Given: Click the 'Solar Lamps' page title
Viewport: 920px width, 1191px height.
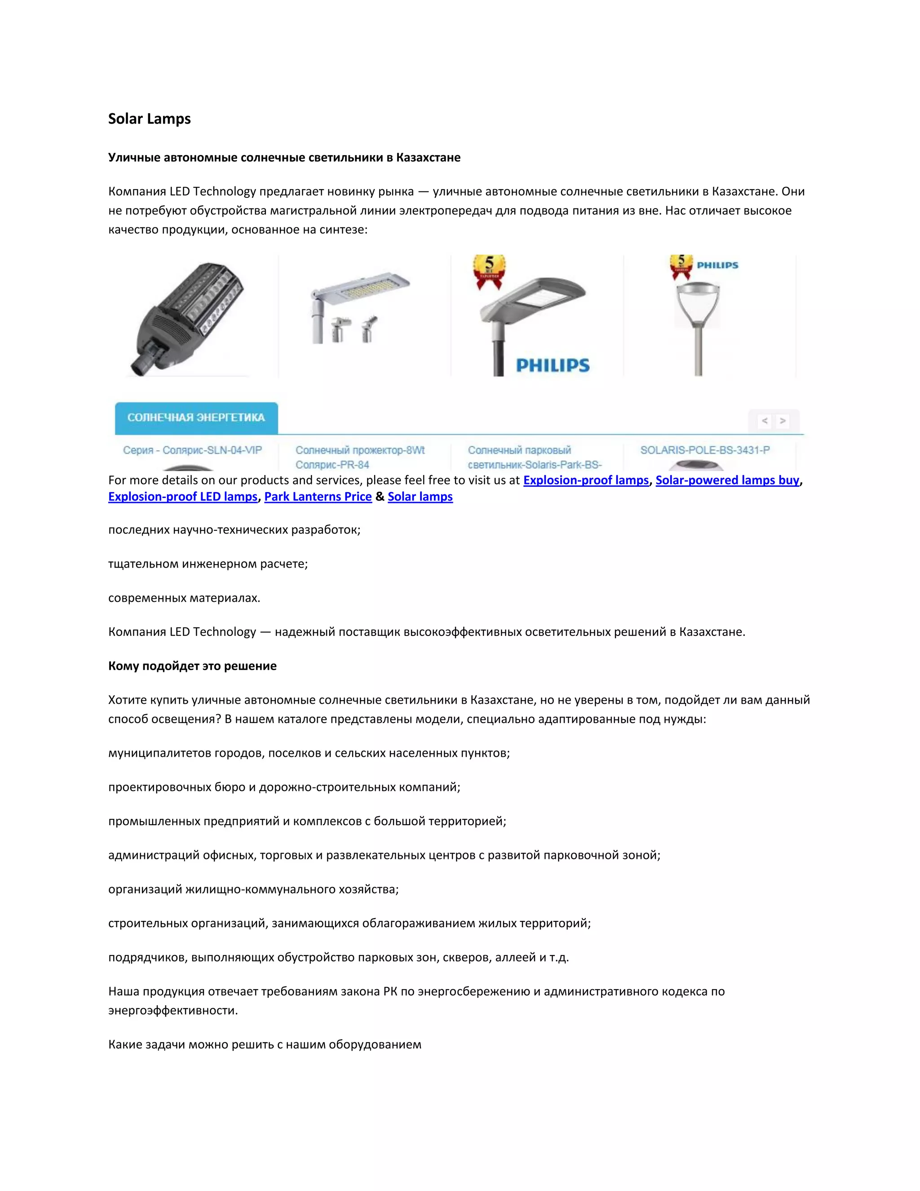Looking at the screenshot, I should pyautogui.click(x=149, y=119).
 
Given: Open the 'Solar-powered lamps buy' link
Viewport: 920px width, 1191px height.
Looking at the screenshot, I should pyautogui.click(x=727, y=480).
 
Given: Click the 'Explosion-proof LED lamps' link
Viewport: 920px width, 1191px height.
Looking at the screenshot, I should pyautogui.click(x=182, y=497).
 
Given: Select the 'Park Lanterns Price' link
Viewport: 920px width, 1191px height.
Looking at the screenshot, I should pyautogui.click(x=318, y=497).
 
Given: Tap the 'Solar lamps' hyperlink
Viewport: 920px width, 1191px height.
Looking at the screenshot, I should pyautogui.click(x=420, y=497).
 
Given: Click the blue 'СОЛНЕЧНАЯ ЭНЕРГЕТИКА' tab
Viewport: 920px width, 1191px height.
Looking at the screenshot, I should pyautogui.click(x=196, y=418).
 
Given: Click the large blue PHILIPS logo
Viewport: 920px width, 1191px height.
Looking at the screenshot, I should pyautogui.click(x=553, y=365).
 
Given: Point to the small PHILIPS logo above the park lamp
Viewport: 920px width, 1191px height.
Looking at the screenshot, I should pyautogui.click(x=717, y=266).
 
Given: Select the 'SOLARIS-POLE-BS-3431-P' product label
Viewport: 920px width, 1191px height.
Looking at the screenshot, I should pyautogui.click(x=705, y=450).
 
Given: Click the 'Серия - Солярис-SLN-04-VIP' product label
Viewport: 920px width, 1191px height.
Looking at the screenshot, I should pyautogui.click(x=192, y=450).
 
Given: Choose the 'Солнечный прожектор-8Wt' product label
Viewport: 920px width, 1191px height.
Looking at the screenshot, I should pyautogui.click(x=360, y=450).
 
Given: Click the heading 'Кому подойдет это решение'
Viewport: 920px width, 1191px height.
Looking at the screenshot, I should pyautogui.click(x=192, y=666).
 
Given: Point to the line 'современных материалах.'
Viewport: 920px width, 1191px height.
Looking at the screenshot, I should pyautogui.click(x=184, y=598).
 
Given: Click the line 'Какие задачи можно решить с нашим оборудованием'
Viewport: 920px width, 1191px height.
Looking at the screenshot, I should pyautogui.click(x=265, y=1044).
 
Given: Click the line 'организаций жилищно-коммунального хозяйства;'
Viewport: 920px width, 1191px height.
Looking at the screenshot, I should pyautogui.click(x=253, y=889).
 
